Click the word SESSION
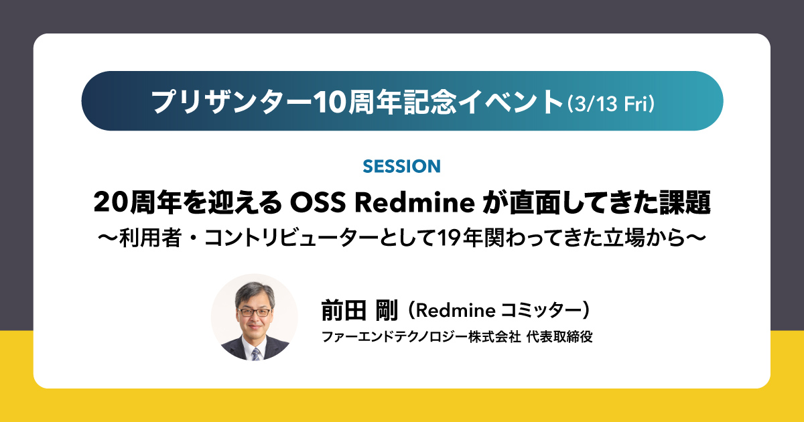point(401,165)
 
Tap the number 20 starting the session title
point(110,202)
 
